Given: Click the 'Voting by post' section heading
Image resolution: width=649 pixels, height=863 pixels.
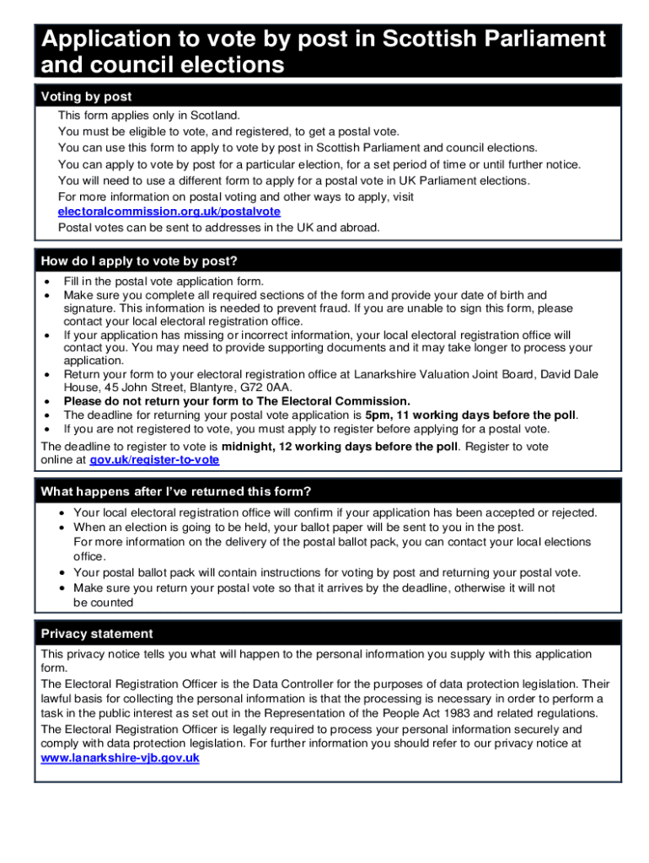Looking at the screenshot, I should tap(86, 97).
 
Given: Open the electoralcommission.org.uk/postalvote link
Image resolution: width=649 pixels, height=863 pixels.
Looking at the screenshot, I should tap(169, 212).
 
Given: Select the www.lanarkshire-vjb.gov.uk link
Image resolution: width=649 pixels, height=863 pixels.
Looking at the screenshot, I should tap(120, 758).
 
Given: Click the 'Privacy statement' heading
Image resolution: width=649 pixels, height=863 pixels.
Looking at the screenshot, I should tap(97, 634).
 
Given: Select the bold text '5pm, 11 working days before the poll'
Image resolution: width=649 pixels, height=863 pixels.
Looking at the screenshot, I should tap(471, 415).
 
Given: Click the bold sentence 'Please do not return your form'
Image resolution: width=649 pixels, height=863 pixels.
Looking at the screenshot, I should tap(237, 401).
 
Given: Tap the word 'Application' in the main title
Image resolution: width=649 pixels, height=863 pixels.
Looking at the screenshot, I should tap(115, 40).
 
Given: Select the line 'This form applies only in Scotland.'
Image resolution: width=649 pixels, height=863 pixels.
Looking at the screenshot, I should tap(148, 115).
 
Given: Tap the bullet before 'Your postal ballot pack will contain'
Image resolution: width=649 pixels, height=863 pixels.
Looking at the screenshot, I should tap(64, 573).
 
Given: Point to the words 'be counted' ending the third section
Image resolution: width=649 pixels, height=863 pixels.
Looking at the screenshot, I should tap(103, 603).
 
